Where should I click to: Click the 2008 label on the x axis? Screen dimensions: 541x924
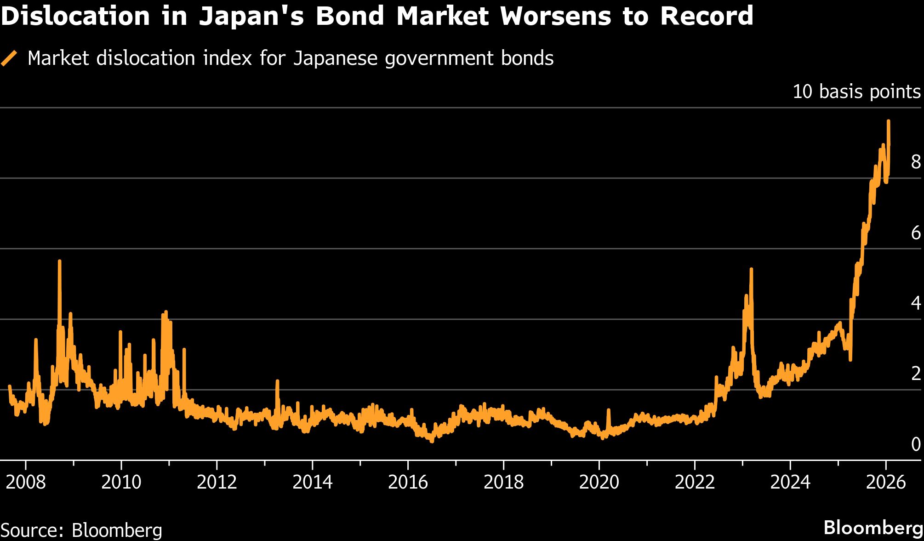click(26, 482)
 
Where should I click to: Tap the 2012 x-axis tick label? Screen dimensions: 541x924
click(217, 482)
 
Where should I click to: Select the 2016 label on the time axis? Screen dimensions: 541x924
click(408, 482)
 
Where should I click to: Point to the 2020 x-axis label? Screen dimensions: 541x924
click(599, 482)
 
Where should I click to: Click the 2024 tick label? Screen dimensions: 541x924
click(790, 482)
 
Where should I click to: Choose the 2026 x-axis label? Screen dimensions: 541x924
click(885, 482)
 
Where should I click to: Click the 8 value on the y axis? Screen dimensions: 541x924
click(916, 161)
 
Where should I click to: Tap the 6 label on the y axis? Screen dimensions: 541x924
click(916, 233)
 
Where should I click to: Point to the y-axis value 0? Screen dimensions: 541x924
click(916, 444)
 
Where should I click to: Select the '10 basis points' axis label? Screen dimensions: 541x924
click(856, 92)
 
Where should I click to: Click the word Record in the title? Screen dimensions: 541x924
click(707, 16)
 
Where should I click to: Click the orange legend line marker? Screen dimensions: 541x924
click(9, 58)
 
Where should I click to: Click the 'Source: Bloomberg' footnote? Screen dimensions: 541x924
click(81, 530)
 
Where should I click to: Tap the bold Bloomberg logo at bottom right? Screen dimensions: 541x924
click(873, 528)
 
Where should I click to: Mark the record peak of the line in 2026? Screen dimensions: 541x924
click(888, 121)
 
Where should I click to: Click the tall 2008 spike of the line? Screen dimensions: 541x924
click(60, 261)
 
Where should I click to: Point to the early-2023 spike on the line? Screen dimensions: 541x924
click(751, 269)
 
